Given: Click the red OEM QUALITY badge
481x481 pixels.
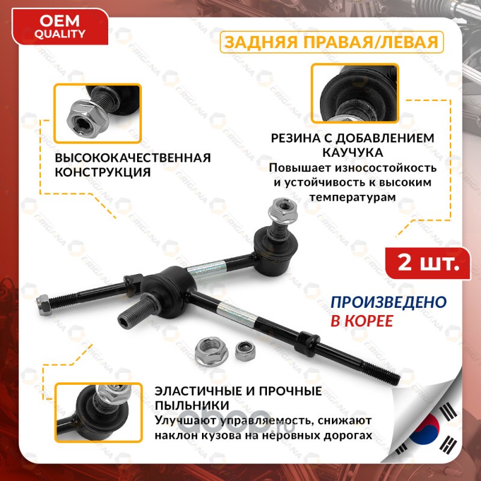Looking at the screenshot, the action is pyautogui.click(x=60, y=27).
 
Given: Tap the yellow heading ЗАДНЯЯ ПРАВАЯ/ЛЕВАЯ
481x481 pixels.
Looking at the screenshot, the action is pyautogui.click(x=332, y=42).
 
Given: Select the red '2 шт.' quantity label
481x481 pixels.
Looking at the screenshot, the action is pyautogui.click(x=428, y=263).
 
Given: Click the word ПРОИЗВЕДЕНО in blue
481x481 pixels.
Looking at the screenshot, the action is pyautogui.click(x=388, y=302).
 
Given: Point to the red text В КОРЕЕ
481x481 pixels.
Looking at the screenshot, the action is pyautogui.click(x=362, y=321).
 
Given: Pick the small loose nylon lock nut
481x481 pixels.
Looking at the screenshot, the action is pyautogui.click(x=245, y=351).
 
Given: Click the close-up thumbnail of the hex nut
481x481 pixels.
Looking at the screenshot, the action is pyautogui.click(x=97, y=114).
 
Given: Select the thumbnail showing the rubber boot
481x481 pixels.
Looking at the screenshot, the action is pyautogui.click(x=355, y=93).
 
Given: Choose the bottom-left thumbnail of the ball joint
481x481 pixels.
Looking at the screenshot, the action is pyautogui.click(x=98, y=412).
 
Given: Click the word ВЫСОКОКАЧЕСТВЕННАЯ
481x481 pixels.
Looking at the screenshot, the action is pyautogui.click(x=133, y=158).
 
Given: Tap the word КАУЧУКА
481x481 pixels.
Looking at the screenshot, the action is pyautogui.click(x=352, y=153).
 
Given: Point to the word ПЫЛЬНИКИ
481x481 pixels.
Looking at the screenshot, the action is pyautogui.click(x=192, y=405).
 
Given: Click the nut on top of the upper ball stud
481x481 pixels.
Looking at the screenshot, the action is pyautogui.click(x=282, y=210).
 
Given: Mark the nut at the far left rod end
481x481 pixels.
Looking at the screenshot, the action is pyautogui.click(x=43, y=305).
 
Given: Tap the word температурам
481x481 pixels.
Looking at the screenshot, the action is pyautogui.click(x=352, y=197).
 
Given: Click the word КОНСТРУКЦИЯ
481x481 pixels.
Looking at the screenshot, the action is pyautogui.click(x=103, y=173).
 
